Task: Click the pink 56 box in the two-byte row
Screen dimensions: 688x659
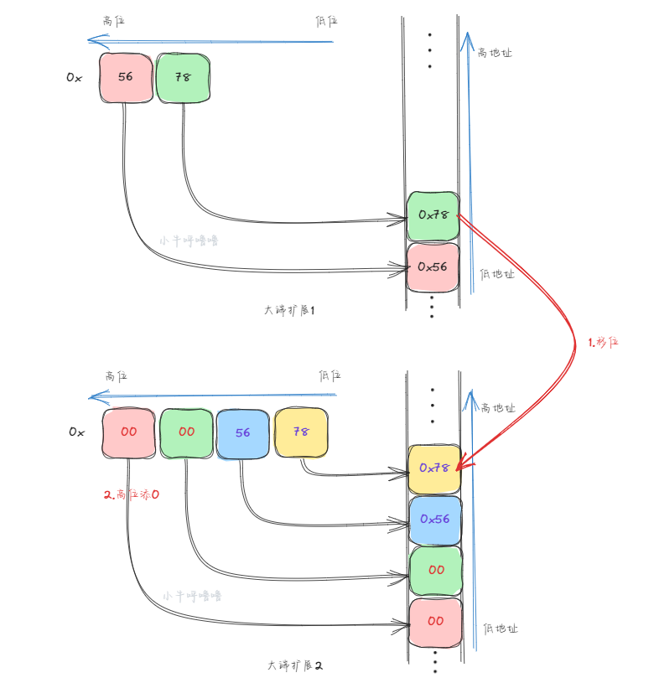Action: click(126, 77)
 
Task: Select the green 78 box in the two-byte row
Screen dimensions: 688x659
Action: click(184, 77)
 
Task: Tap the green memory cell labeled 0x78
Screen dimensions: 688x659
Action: click(433, 215)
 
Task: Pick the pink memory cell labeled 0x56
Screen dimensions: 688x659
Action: click(433, 266)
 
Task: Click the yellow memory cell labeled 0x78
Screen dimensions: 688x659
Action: click(434, 468)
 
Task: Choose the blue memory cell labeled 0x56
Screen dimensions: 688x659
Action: click(434, 520)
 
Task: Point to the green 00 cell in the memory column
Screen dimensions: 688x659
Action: click(436, 570)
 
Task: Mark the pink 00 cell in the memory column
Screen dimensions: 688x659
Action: click(436, 622)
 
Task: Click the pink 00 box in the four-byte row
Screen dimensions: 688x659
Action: click(129, 433)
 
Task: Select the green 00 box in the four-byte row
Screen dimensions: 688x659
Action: click(186, 433)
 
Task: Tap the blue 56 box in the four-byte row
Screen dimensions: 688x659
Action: click(243, 433)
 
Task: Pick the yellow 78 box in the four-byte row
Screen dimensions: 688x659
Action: click(300, 433)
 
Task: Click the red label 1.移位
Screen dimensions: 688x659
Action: click(602, 342)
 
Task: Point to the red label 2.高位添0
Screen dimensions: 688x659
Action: click(132, 495)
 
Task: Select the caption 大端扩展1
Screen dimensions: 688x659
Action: click(288, 310)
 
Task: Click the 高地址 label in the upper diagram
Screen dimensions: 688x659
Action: click(495, 53)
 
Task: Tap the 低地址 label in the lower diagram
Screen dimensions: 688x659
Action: click(501, 629)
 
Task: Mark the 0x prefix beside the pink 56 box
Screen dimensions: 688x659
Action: click(74, 77)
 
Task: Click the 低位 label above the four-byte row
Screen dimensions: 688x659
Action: click(329, 375)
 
